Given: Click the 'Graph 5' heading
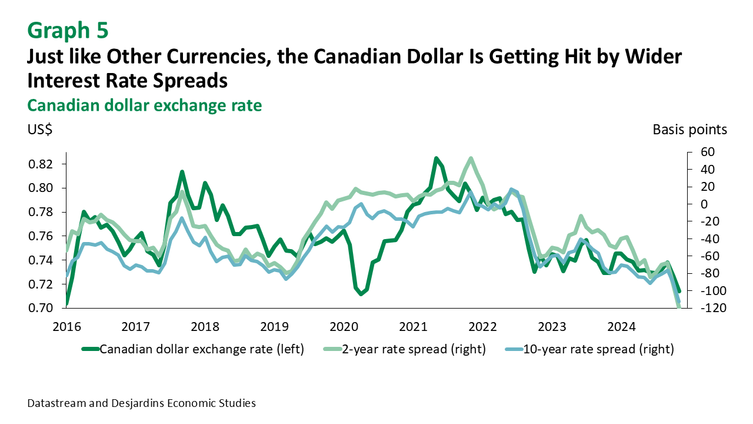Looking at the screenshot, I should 68,29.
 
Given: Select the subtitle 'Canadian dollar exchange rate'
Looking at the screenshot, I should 144,105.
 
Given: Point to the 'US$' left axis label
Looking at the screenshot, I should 39,130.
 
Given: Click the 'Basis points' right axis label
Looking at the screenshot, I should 689,130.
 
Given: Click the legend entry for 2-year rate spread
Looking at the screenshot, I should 406,349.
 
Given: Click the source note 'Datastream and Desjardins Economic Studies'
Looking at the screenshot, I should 141,403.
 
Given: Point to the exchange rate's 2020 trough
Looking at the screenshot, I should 361,293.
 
